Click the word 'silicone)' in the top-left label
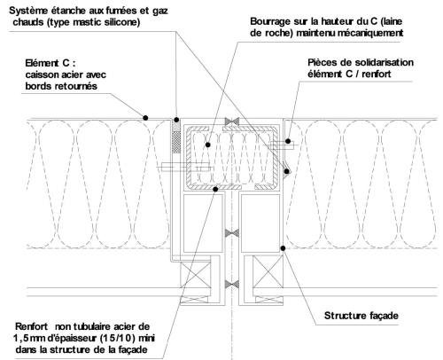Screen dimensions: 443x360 (120, 22)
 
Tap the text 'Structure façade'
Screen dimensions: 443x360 (361, 316)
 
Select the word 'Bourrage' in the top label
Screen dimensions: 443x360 (269, 21)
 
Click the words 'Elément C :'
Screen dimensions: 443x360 (51, 63)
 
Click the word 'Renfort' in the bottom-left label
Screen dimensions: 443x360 (31, 326)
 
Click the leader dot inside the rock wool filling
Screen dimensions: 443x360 (208, 145)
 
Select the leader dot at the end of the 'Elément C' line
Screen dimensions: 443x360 (145, 118)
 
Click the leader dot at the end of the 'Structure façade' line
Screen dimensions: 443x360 (283, 248)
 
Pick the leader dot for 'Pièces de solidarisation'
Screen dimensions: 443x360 (288, 141)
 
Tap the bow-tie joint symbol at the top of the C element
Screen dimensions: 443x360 (232, 121)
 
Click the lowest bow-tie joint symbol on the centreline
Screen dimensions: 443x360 (232, 285)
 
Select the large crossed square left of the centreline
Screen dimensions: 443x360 (196, 276)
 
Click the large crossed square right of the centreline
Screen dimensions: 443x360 (268, 272)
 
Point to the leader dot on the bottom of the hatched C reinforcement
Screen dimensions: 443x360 (215, 189)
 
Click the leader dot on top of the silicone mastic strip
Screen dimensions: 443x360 (176, 120)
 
